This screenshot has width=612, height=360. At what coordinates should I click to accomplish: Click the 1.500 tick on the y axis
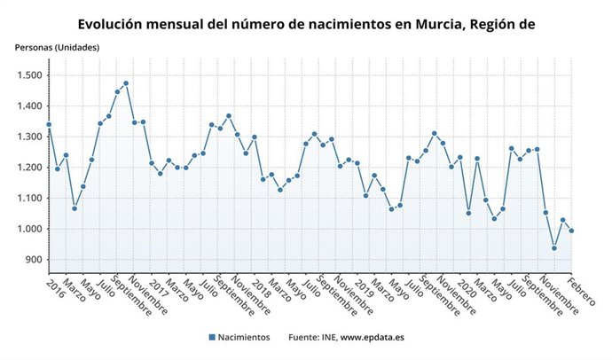coord(27,75)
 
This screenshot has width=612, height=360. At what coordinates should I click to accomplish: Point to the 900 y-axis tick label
coord(32,260)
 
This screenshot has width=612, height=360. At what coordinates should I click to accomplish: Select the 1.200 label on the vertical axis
coord(27,168)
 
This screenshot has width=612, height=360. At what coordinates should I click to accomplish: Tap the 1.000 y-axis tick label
coord(27,229)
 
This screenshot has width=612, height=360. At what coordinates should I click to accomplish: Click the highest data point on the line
coord(126,83)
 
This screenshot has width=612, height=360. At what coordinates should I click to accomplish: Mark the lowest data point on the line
coord(554,248)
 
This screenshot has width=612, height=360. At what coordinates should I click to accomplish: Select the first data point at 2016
coord(49,125)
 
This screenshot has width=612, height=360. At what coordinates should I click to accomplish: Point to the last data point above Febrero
coord(571,231)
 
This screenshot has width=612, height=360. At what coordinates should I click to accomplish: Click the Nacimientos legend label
coord(246,337)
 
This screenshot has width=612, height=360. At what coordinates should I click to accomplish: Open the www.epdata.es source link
coord(372,337)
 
